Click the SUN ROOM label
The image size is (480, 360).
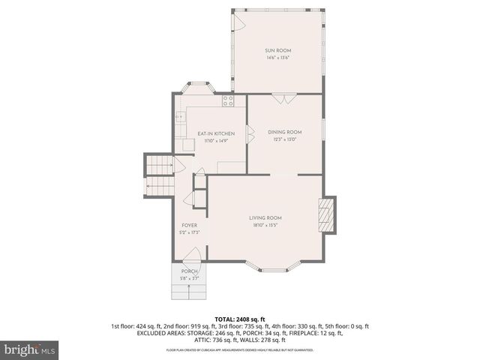coord(277,50)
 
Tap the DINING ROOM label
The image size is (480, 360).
coord(285,132)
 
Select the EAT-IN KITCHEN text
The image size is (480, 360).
coord(211,133)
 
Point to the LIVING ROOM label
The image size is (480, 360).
coord(265,217)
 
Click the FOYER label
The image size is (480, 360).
coord(189,225)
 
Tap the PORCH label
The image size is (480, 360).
coord(189,271)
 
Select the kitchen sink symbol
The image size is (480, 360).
coord(181,117)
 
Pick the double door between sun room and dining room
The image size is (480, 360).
coord(283,97)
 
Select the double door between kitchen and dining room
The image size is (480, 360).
coord(250,134)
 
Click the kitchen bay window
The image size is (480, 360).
coord(198,87)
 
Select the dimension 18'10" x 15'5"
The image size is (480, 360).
coord(265,225)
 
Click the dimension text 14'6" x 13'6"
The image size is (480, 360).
coord(277,58)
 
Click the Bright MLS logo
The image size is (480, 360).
coord(30,349)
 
